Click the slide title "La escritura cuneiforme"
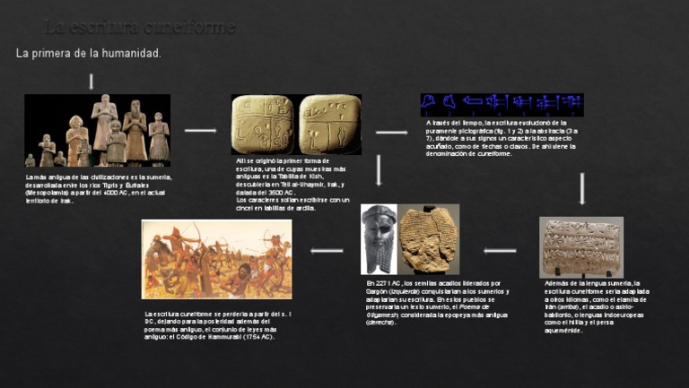pos(140,27)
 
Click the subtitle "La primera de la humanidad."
pos(89,54)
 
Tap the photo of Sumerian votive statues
pos(97,130)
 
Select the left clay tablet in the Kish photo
pos(262,125)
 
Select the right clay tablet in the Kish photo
pos(329,125)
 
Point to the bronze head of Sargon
pos(379,238)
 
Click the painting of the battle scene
pos(216,259)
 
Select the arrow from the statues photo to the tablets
pos(200,131)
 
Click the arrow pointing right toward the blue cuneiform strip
pos(391,133)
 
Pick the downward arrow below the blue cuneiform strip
pos(582,188)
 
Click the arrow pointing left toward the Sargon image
pos(499,251)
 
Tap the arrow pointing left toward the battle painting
pos(327,251)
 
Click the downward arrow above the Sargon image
pos(379,170)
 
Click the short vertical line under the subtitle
pos(91,82)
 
